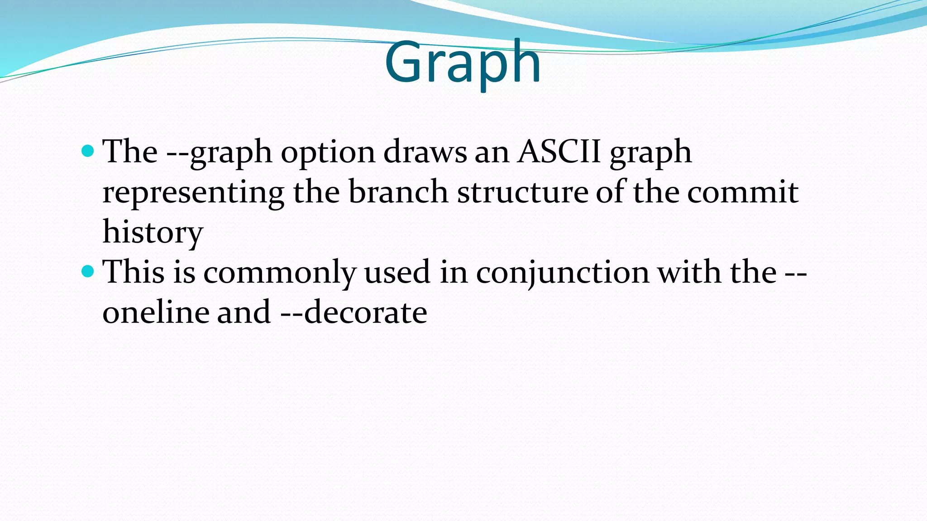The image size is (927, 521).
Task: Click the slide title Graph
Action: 462,63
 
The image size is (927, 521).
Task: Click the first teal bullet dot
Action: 88,151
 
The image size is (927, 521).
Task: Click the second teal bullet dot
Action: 88,271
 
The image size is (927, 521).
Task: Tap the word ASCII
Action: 559,152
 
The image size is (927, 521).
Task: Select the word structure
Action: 522,192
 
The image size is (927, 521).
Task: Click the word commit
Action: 742,192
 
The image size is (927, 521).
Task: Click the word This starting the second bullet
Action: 134,272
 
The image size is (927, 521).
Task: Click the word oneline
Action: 156,313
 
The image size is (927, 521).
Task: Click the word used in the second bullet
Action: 397,272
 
